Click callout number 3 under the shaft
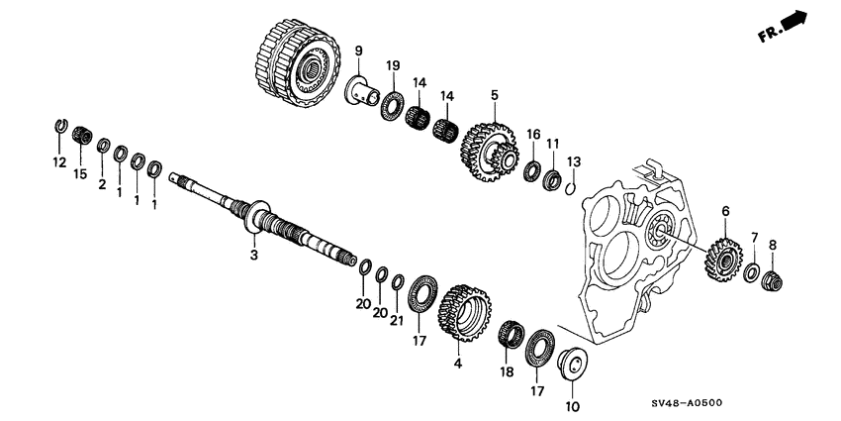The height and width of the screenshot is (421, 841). pyautogui.click(x=253, y=255)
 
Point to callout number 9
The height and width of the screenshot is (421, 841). pyautogui.click(x=358, y=51)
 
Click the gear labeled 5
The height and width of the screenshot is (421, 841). pyautogui.click(x=494, y=148)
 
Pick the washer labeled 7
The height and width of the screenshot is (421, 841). pyautogui.click(x=752, y=271)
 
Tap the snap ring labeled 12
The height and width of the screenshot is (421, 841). pyautogui.click(x=59, y=126)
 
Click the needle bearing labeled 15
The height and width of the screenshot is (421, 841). pyautogui.click(x=81, y=135)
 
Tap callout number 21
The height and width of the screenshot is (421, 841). pyautogui.click(x=397, y=320)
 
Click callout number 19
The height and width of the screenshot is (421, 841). pyautogui.click(x=393, y=66)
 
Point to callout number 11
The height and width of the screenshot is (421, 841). pyautogui.click(x=553, y=144)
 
